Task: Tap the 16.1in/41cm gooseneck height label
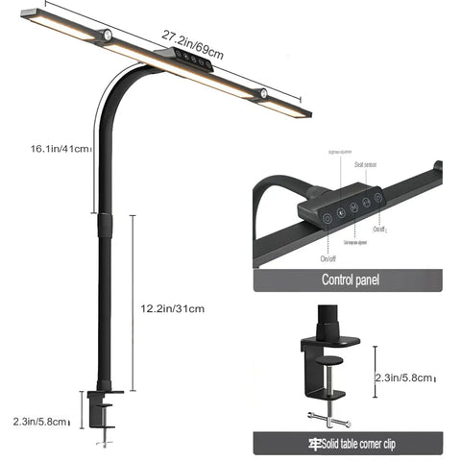tap(60, 149)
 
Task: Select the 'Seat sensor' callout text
tap(366, 165)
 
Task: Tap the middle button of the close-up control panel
tap(353, 207)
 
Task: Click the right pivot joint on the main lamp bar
tap(259, 93)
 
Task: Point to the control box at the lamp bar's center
tap(188, 61)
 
